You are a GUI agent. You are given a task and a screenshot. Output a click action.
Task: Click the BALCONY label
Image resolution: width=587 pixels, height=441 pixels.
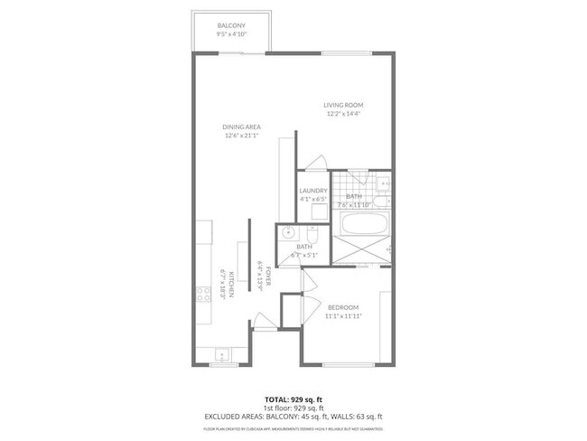[232, 25]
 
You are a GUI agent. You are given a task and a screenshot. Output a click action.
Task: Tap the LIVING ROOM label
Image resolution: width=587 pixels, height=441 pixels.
[343, 106]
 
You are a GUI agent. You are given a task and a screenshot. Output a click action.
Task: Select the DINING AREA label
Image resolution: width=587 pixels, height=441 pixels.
[241, 127]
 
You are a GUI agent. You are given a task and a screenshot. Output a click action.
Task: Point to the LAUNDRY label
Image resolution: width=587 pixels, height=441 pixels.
[312, 191]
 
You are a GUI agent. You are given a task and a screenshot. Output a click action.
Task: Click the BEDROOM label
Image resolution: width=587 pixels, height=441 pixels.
[342, 306]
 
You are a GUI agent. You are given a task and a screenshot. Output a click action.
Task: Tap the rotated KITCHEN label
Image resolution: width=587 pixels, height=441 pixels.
[231, 285]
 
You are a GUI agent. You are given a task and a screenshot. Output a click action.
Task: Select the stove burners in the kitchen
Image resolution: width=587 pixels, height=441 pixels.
[204, 293]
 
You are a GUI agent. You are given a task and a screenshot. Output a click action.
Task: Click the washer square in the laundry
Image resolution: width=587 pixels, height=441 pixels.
[318, 212]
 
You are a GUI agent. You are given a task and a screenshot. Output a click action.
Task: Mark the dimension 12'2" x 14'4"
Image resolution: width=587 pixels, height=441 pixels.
[343, 114]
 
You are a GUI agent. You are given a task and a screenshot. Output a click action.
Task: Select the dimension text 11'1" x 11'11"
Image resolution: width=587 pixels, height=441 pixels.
[342, 315]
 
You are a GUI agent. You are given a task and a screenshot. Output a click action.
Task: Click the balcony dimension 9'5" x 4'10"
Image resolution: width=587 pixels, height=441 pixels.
[232, 34]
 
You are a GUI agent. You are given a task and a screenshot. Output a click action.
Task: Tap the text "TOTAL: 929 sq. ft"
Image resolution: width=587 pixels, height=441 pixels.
[293, 399]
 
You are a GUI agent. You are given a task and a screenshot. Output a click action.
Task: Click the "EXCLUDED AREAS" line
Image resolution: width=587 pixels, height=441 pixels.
[293, 416]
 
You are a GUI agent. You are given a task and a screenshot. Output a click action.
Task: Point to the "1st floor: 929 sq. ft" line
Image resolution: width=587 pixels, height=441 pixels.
[293, 407]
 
